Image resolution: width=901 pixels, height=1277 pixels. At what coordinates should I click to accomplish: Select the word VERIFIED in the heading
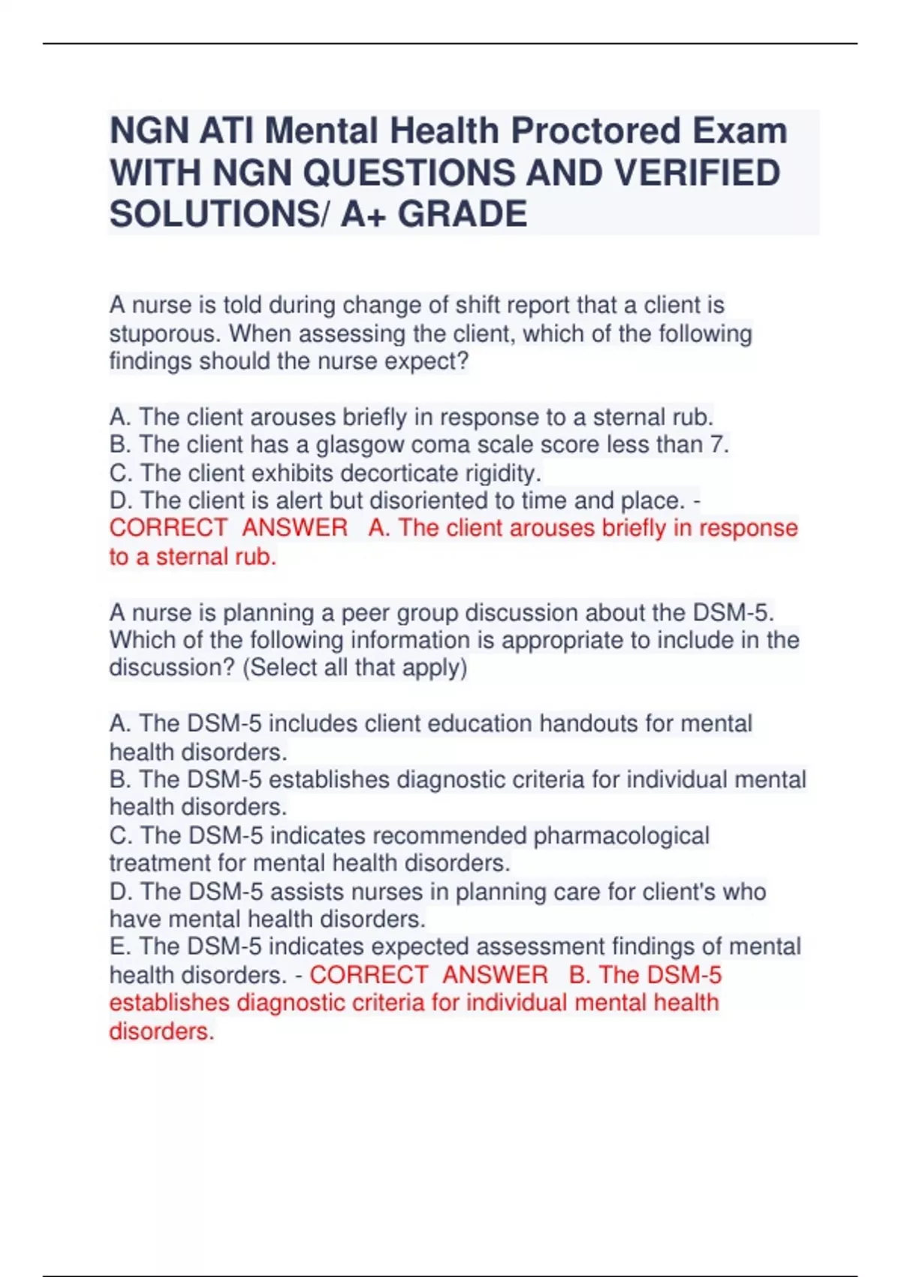[698, 173]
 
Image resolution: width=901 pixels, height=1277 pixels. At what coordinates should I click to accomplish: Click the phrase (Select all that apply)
[354, 668]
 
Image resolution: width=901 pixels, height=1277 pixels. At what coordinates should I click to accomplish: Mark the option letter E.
[118, 946]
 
